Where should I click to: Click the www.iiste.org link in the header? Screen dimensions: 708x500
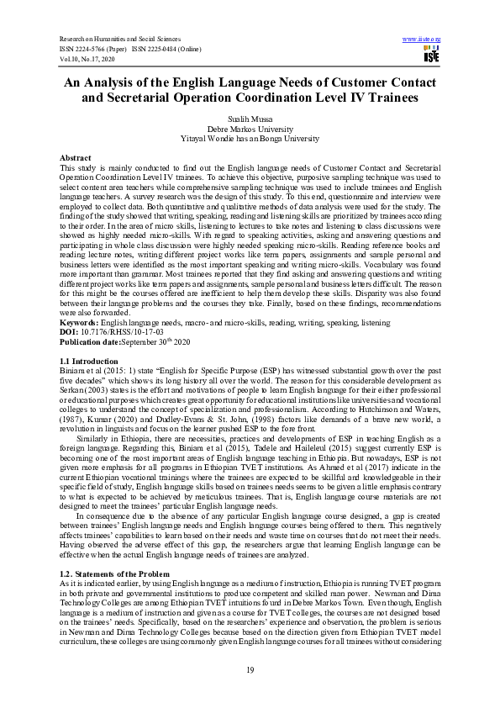coord(423,39)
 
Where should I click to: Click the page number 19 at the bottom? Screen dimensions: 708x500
coord(250,668)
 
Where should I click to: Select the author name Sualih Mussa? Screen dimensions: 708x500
coord(250,119)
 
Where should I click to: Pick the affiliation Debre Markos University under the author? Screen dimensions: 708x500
coord(250,129)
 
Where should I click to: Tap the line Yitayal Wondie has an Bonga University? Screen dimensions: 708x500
coord(250,137)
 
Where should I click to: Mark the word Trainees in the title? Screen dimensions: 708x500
coord(399,98)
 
